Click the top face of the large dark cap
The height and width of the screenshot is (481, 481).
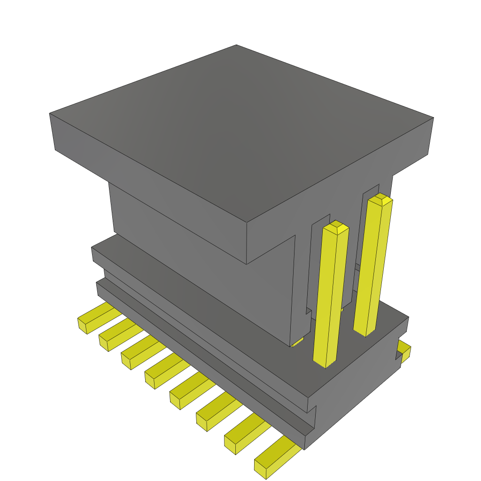[x=240, y=127]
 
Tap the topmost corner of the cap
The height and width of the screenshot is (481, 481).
[x=236, y=45]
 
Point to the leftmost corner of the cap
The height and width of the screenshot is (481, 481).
[x=50, y=114]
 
